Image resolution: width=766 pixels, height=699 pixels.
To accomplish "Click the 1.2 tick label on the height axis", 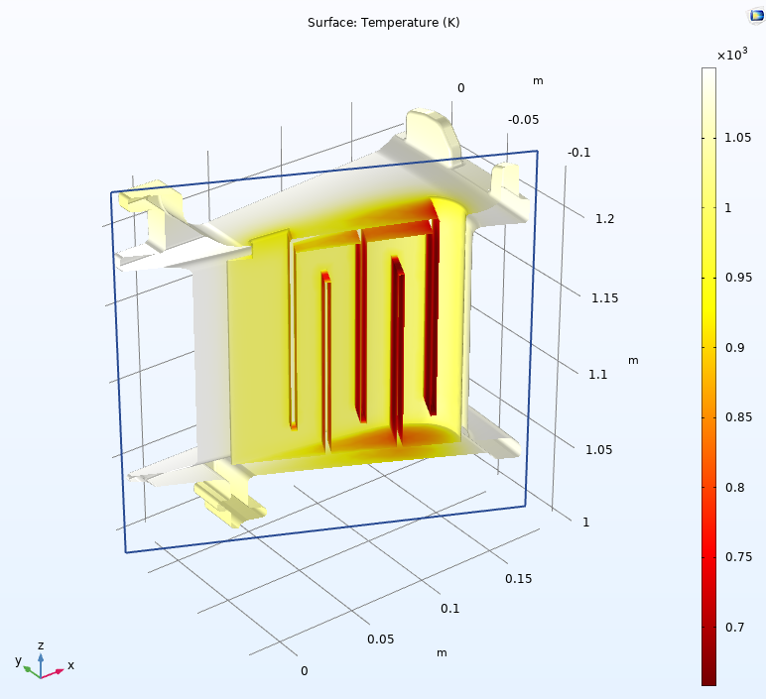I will click(605, 218).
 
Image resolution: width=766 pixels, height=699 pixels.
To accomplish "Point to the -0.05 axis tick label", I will click(523, 120).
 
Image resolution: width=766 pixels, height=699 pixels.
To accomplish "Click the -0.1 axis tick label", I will click(578, 152).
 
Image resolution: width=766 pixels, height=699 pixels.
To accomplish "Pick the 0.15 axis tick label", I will click(519, 578).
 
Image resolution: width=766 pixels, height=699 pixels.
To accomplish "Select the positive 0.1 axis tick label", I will click(450, 609).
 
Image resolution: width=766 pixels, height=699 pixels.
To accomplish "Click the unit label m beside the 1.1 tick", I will click(633, 360).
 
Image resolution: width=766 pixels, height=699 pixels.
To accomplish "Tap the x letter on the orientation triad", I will click(70, 665).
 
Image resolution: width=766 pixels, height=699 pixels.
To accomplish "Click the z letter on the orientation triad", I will click(41, 645).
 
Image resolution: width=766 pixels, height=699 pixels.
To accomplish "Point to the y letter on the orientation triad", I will click(18, 660).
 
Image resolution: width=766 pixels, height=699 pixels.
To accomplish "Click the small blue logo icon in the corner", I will click(755, 15).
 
